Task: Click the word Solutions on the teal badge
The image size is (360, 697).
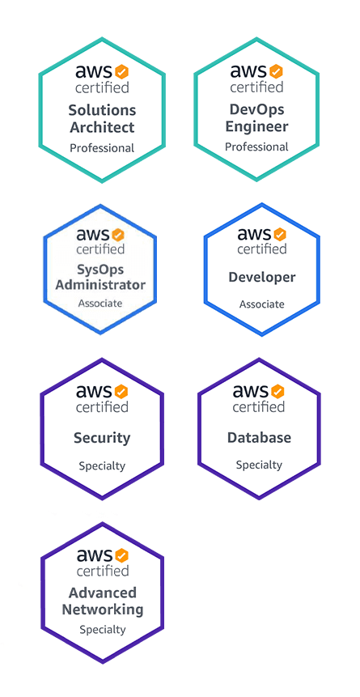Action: click(102, 110)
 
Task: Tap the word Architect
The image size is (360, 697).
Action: click(102, 127)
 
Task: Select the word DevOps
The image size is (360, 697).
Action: click(257, 109)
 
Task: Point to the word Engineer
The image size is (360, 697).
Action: click(257, 126)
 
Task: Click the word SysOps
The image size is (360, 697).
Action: click(100, 270)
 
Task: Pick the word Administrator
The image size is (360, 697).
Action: click(100, 284)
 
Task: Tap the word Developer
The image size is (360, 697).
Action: click(262, 278)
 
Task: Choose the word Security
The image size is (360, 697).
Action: click(102, 438)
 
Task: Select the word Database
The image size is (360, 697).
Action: click(259, 437)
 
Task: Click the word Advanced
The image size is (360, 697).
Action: click(102, 593)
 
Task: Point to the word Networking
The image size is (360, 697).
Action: click(103, 610)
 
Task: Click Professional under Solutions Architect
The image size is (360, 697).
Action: click(102, 148)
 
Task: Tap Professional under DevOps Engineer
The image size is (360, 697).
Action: click(256, 147)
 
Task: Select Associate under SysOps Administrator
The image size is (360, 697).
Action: click(100, 304)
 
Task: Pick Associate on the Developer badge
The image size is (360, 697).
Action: click(262, 304)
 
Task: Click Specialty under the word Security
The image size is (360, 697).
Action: click(102, 466)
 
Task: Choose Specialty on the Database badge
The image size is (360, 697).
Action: click(259, 465)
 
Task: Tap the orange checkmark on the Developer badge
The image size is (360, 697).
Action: click(280, 234)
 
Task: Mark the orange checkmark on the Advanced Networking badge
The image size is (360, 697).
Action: click(122, 555)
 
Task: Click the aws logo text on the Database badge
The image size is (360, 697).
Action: click(251, 391)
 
